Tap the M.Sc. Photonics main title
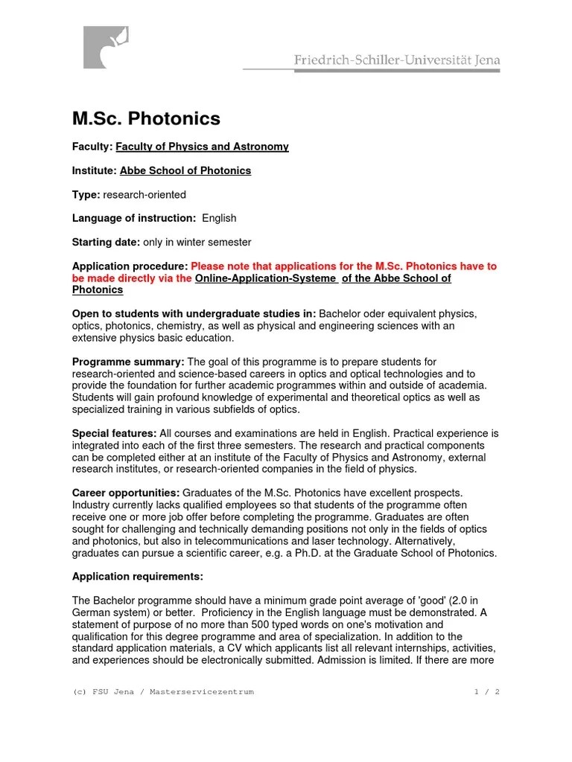tap(146, 118)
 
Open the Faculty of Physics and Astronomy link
tap(202, 147)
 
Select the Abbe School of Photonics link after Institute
tap(185, 170)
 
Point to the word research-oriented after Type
tap(144, 194)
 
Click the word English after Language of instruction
tap(219, 218)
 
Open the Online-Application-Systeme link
tap(267, 278)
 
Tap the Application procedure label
tap(130, 266)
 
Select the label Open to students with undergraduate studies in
tap(194, 314)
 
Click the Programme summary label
tap(127, 362)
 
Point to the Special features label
tap(114, 433)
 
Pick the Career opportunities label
tap(125, 493)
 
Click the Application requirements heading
tap(137, 577)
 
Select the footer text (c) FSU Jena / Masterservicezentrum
tap(163, 691)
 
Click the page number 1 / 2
tap(486, 691)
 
